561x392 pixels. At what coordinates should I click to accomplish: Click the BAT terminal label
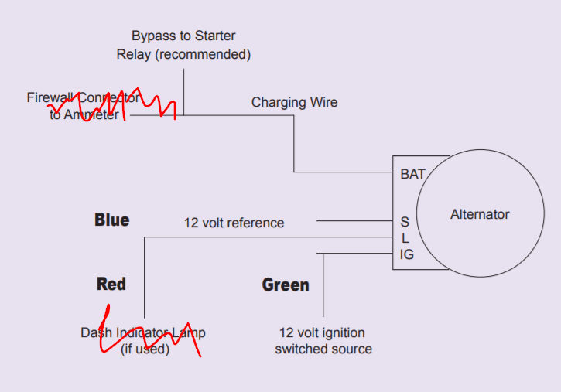tap(412, 174)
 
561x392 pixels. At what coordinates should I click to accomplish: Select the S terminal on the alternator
tap(404, 222)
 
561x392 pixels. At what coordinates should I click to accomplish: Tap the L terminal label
tap(405, 238)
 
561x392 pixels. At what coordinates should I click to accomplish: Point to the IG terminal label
tap(406, 254)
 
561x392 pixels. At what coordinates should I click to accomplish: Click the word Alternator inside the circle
tap(480, 214)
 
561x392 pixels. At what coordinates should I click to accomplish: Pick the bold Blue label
tap(111, 220)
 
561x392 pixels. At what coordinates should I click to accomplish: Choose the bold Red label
tap(111, 284)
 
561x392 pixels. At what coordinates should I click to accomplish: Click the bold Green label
tap(286, 285)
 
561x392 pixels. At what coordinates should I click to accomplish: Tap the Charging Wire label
tap(294, 102)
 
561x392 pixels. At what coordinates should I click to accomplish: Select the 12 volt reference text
tap(234, 223)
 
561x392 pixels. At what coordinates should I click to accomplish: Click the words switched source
tap(323, 349)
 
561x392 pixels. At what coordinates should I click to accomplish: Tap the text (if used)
tap(145, 349)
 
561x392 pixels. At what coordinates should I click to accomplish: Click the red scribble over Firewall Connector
tap(116, 104)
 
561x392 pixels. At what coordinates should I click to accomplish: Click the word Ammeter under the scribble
tap(94, 115)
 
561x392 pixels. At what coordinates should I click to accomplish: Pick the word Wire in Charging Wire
tap(323, 102)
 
